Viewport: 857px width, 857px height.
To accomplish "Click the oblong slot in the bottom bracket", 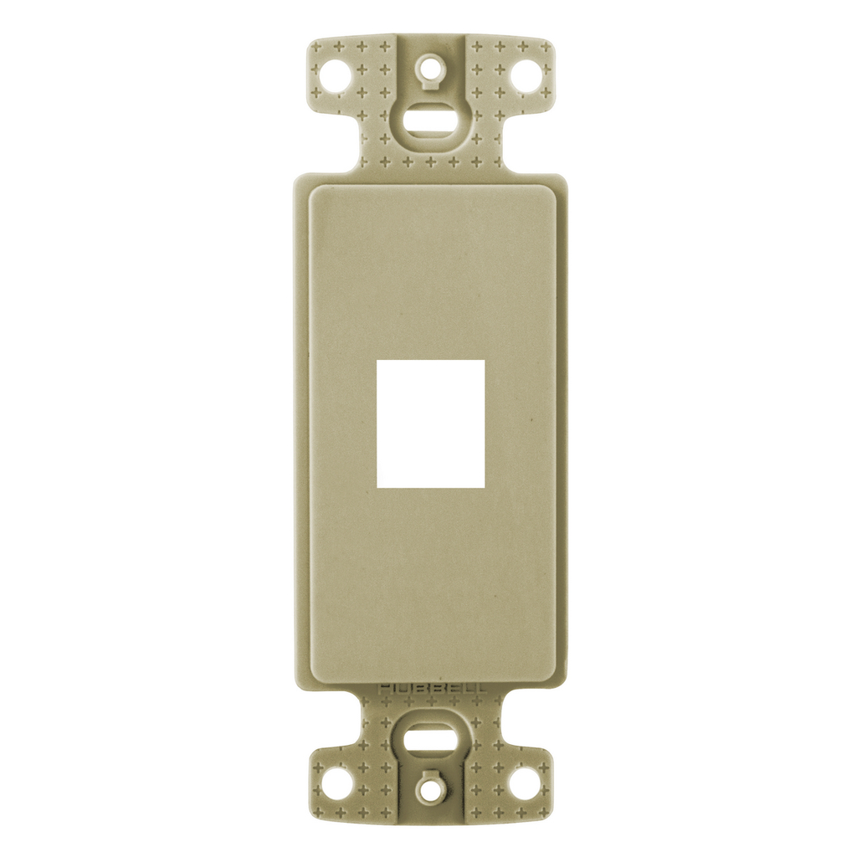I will (x=430, y=741).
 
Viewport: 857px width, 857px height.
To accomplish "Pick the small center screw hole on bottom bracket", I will (x=430, y=788).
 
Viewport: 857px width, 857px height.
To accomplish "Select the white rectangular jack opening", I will (x=431, y=424).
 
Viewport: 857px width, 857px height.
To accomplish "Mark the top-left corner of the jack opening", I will (x=377, y=361).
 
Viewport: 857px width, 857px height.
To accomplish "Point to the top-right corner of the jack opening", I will (x=485, y=361).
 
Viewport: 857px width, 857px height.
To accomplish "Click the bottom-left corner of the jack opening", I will (x=377, y=488).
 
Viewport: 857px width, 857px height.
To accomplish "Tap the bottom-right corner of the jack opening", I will (x=485, y=488).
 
